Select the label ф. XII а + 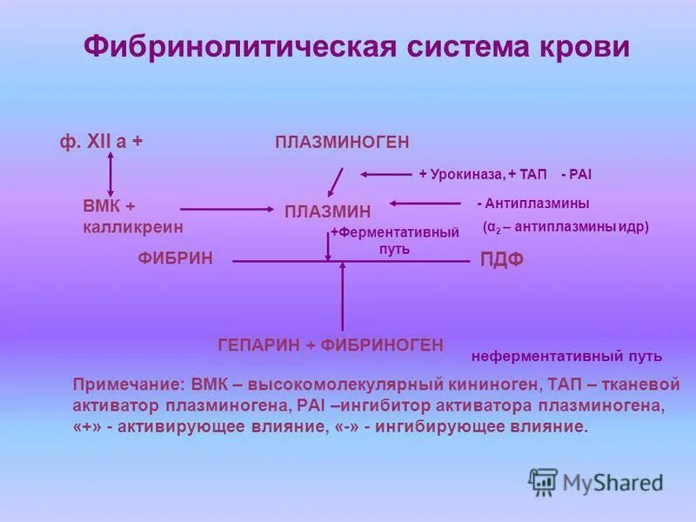tap(101, 142)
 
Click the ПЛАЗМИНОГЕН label tap(342, 142)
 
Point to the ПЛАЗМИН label tap(327, 211)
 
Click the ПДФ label tap(502, 260)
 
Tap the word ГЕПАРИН tap(258, 345)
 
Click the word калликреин tap(133, 225)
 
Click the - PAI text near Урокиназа tap(576, 174)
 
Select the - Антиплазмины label tap(532, 203)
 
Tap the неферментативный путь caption tap(566, 356)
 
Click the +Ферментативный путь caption tap(394, 240)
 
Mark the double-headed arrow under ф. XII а tap(110, 174)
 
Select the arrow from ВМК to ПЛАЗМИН tap(226, 209)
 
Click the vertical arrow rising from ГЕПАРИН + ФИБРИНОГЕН tap(342, 296)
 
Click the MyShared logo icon tap(543, 481)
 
